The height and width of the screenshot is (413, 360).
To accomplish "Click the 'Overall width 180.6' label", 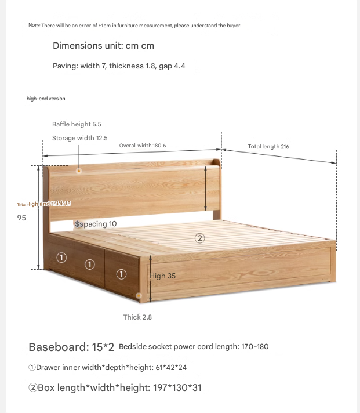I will pos(143,146).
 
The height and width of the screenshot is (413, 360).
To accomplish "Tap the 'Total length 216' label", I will pos(268,147).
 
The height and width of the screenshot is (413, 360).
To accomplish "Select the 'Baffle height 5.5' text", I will pos(77,124).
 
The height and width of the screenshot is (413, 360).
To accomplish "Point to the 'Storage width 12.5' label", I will pos(80,138).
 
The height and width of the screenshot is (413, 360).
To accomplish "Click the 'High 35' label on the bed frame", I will pos(163,276).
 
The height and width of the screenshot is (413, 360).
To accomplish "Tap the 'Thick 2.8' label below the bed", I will pos(137,317).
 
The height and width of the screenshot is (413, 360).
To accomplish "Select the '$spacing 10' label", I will pos(96,224).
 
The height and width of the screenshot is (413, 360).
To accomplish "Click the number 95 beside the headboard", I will pos(21,218).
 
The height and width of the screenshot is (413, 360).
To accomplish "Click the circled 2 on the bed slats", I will pos(199,238).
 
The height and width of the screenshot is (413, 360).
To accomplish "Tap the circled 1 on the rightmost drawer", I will pos(121,274).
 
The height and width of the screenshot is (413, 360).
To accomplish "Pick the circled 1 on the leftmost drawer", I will pos(61,258).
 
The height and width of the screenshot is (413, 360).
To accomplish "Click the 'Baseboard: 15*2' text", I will pos(71,347).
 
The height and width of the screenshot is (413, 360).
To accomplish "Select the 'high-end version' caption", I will pos(46,99).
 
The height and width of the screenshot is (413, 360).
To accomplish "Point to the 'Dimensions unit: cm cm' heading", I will pos(103,45).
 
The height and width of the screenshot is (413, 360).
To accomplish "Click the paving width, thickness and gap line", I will pos(119,66).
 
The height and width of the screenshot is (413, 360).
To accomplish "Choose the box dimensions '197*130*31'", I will pos(177,387).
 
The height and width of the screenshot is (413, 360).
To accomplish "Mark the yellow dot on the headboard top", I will pos(79,171).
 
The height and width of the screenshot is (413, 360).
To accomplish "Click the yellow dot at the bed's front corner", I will pos(139,296).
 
